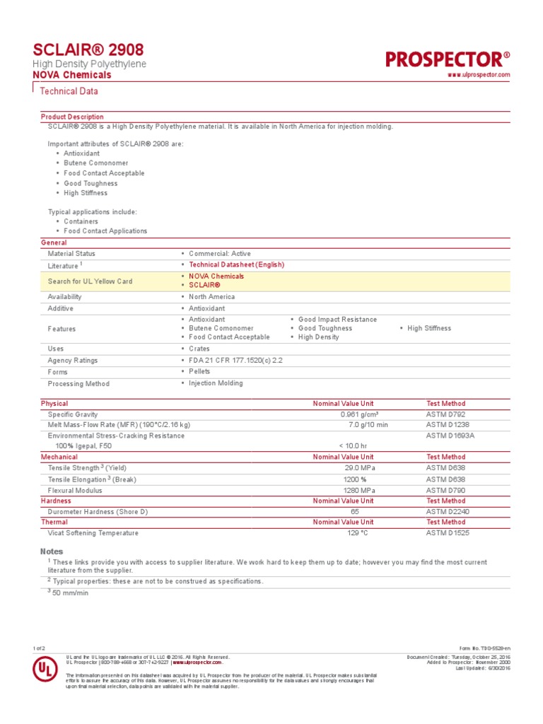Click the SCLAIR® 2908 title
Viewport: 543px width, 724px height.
point(88,49)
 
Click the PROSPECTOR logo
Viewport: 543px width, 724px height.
point(448,59)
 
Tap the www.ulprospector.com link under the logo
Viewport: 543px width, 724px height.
point(479,75)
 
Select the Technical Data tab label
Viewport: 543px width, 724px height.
point(69,91)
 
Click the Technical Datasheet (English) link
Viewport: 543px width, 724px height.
point(236,265)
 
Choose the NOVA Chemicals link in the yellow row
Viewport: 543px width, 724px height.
point(216,276)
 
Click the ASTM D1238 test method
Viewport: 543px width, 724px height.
point(448,425)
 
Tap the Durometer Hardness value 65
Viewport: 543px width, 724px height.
point(355,511)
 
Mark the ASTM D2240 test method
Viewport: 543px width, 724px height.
point(448,511)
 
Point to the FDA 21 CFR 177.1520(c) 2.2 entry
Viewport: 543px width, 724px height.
point(236,361)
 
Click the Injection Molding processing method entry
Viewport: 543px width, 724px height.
point(216,383)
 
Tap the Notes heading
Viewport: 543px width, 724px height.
point(52,551)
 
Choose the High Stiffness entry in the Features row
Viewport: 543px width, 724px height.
point(429,328)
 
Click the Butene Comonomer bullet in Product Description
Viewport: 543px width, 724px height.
point(96,163)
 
